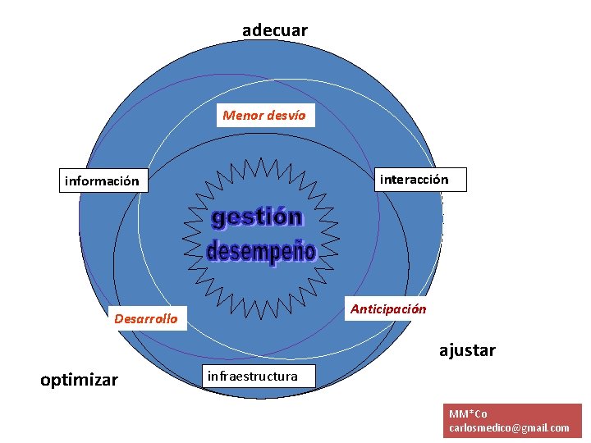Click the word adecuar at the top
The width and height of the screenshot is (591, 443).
(x=275, y=30)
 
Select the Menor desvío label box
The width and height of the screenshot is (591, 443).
(x=264, y=116)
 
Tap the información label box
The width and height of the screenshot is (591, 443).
(x=103, y=180)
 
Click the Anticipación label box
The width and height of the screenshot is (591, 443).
(x=388, y=309)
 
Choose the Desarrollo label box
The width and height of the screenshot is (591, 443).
(x=146, y=318)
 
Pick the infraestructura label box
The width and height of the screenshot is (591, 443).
(x=253, y=377)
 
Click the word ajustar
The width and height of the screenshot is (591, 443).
(x=467, y=350)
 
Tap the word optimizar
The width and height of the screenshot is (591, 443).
(x=80, y=380)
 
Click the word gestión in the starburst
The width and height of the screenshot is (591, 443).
(x=257, y=217)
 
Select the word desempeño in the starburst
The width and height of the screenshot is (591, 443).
(x=261, y=251)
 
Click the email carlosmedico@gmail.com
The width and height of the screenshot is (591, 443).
(x=509, y=427)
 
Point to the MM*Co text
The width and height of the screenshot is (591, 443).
(x=468, y=413)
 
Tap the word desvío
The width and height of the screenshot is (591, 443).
(x=285, y=116)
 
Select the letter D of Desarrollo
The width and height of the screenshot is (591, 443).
(x=119, y=318)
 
